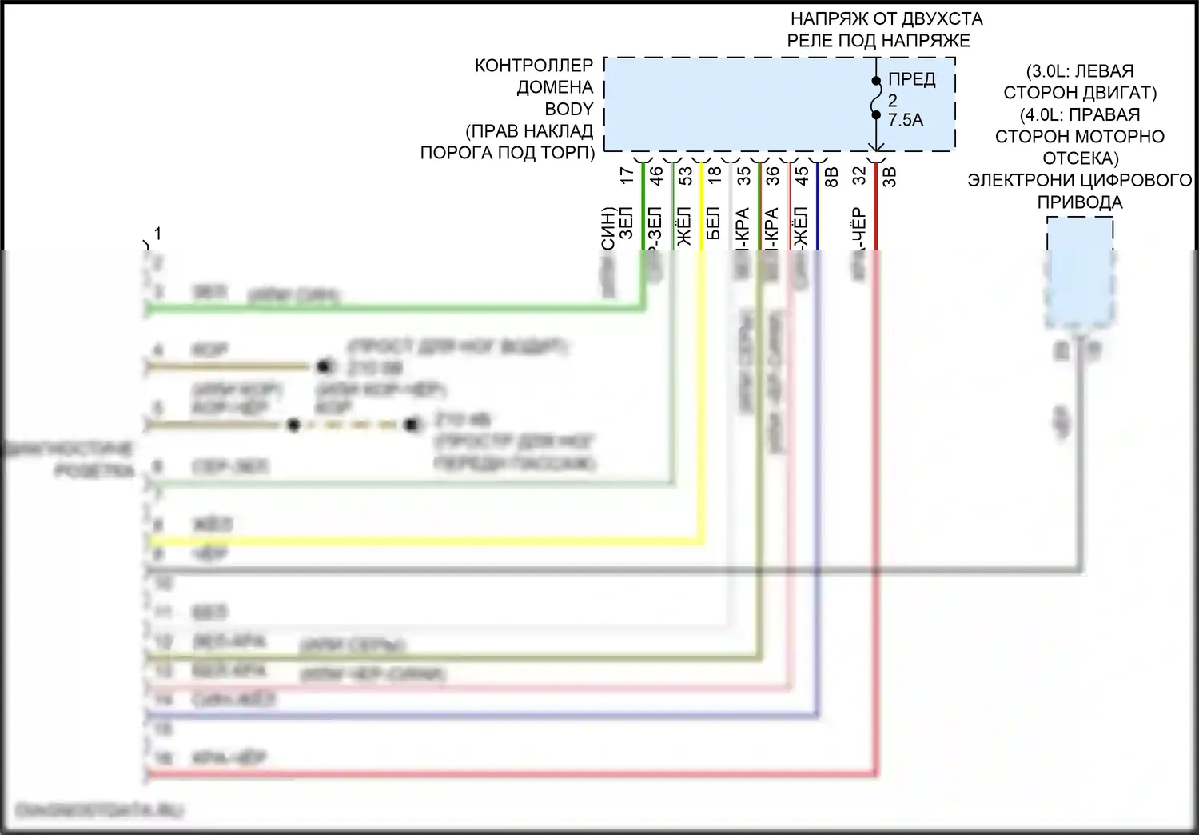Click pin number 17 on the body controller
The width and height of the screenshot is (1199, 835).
(627, 175)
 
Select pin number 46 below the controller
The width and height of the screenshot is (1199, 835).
(657, 175)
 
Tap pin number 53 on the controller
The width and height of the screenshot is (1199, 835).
(686, 175)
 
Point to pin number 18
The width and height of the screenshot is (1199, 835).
(715, 175)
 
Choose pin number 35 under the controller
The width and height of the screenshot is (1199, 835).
(744, 175)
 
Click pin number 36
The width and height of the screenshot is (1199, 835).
(773, 175)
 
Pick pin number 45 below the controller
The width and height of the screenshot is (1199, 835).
(802, 175)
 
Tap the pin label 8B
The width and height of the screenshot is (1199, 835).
(831, 175)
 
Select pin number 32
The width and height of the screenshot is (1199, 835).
(859, 175)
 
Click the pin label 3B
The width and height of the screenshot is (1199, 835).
(889, 175)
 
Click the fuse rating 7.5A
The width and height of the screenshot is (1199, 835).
(906, 120)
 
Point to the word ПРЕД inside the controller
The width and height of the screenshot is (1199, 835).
(912, 81)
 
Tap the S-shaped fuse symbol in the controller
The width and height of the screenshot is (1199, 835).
(877, 98)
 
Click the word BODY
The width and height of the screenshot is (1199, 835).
(569, 109)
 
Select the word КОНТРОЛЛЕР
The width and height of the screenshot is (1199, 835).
(534, 66)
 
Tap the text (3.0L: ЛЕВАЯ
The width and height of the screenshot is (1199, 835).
(1080, 71)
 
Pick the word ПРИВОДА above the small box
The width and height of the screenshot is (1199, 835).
(1080, 202)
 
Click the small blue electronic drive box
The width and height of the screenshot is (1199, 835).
(1080, 272)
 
